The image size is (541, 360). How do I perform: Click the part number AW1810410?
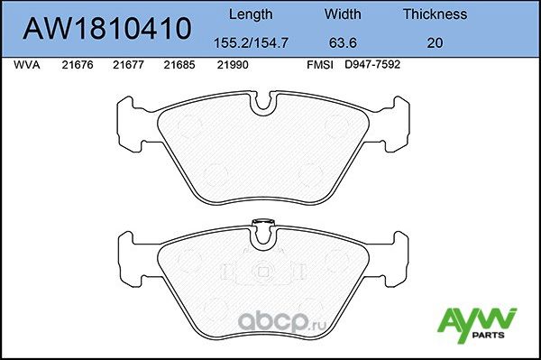pyautogui.click(x=106, y=29)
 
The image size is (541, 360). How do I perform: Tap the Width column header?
pyautogui.click(x=343, y=14)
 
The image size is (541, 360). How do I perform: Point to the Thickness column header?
pyautogui.click(x=435, y=14)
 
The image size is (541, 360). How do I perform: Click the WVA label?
pyautogui.click(x=26, y=65)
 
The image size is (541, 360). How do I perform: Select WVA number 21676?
pyautogui.click(x=78, y=65)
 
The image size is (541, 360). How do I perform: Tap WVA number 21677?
pyautogui.click(x=129, y=65)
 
